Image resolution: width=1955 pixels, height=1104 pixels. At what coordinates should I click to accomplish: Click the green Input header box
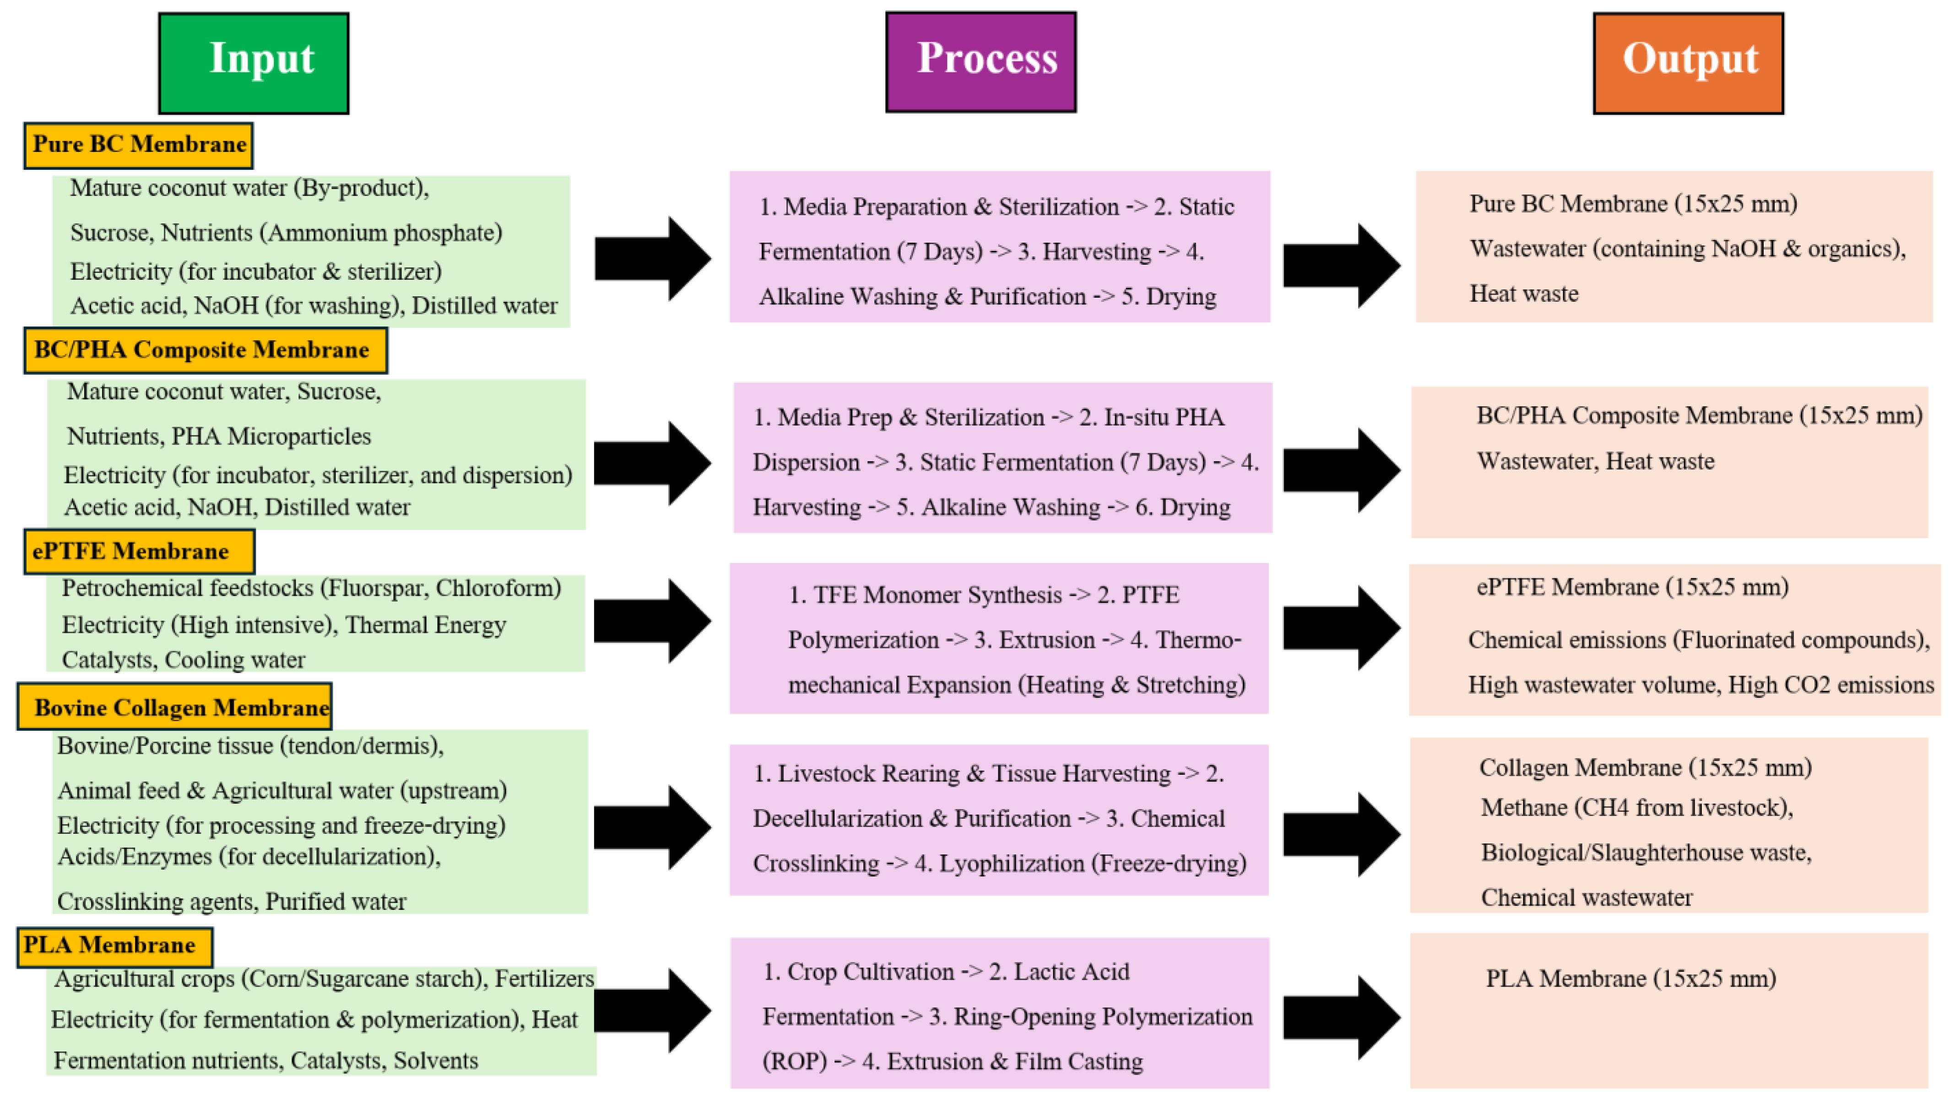[x=254, y=63]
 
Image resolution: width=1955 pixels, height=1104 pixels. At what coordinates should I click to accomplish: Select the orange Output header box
[x=1688, y=63]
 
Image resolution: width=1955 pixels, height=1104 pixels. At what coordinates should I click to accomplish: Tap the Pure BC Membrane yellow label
[x=138, y=145]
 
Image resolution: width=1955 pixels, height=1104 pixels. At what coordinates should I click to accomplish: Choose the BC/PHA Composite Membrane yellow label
[x=205, y=350]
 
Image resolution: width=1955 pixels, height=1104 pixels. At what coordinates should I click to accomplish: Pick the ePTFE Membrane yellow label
[x=139, y=551]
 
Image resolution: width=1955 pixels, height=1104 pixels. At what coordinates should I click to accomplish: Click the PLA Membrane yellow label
[x=114, y=947]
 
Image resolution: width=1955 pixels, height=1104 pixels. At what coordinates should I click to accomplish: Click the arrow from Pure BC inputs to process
[x=653, y=258]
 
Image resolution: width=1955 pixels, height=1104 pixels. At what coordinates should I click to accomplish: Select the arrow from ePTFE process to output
[x=1342, y=628]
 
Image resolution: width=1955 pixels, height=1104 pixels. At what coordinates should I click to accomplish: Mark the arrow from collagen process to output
[x=1342, y=834]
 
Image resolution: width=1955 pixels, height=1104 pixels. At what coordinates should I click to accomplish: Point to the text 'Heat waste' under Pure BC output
[x=1524, y=294]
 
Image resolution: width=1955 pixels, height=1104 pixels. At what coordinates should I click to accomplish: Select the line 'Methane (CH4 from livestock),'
[x=1637, y=808]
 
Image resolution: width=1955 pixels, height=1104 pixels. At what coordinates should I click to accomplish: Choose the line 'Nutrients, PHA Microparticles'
[x=219, y=436]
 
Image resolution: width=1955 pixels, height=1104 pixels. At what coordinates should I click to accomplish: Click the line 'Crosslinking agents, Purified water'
[x=232, y=902]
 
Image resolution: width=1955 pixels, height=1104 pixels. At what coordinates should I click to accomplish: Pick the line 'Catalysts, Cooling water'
[x=183, y=660]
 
